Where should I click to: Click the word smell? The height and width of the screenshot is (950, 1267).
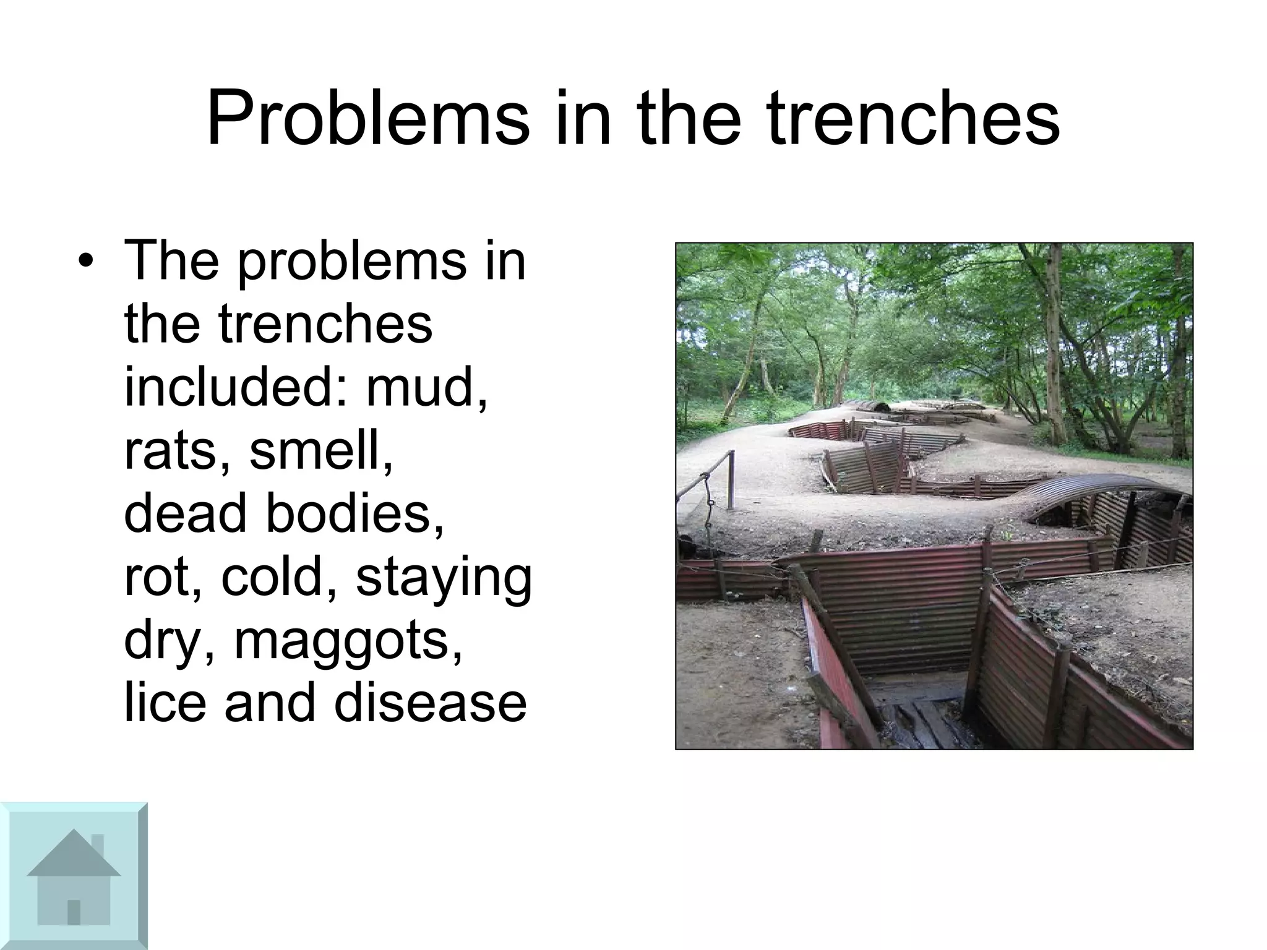[321, 451]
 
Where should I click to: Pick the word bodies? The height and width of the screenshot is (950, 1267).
[354, 514]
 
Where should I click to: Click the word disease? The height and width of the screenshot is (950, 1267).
[431, 704]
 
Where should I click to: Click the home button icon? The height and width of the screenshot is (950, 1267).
[74, 876]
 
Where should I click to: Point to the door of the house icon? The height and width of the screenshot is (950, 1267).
[74, 911]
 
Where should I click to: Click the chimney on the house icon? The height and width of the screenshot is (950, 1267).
[97, 844]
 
